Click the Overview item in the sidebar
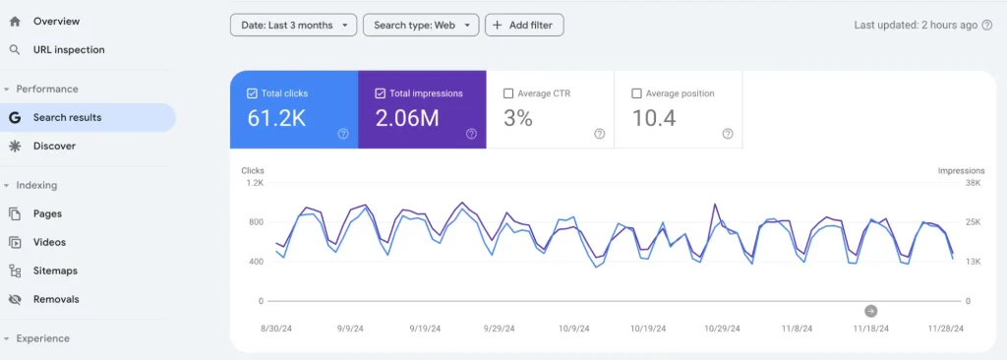click(x=56, y=21)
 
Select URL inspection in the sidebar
click(x=68, y=49)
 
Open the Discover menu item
click(x=54, y=146)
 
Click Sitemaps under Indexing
click(x=55, y=270)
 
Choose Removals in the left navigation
click(x=56, y=299)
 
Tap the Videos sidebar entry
click(x=49, y=242)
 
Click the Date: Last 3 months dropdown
click(x=293, y=25)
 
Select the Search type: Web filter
click(x=421, y=25)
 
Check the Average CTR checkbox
click(x=508, y=93)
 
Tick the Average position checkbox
click(x=636, y=93)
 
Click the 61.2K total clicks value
click(x=278, y=119)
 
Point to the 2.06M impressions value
click(x=407, y=119)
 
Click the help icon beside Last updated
click(x=986, y=25)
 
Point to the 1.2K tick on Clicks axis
click(x=254, y=183)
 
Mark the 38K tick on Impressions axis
click(x=973, y=183)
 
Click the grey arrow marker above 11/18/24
click(x=870, y=311)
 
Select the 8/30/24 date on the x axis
click(x=275, y=329)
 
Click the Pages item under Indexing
click(x=47, y=213)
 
